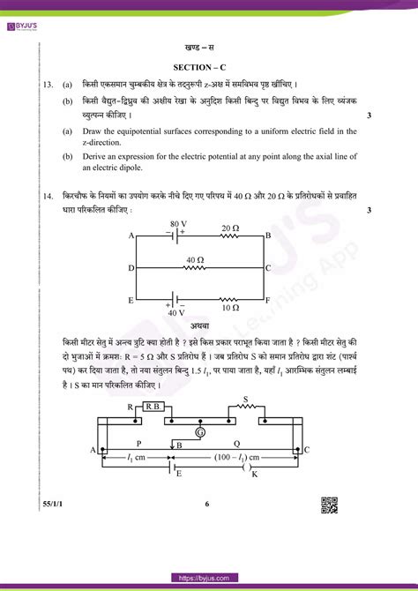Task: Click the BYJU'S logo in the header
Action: [x=19, y=11]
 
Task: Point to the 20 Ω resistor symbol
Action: [x=230, y=236]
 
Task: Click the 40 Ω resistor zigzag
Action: [x=195, y=267]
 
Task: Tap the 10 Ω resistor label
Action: [x=230, y=308]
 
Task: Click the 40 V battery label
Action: [x=177, y=312]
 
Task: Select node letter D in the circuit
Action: [x=131, y=267]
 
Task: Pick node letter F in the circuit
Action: [x=270, y=300]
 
